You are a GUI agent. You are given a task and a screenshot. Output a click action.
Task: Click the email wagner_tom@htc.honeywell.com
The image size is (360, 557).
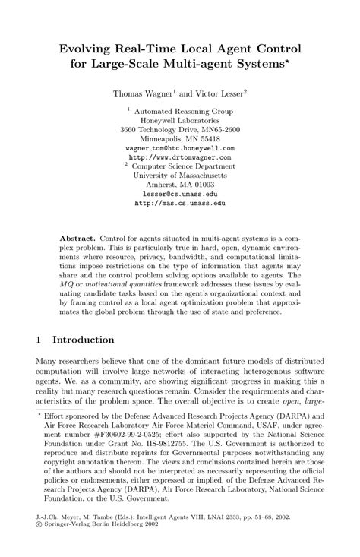pos(179,150)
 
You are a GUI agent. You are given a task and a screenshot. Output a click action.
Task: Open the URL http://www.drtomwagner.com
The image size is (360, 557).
pos(179,159)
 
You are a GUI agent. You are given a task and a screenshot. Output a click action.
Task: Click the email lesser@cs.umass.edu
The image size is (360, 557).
pos(179,195)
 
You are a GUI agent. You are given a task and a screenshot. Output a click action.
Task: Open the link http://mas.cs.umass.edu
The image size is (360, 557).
pos(179,204)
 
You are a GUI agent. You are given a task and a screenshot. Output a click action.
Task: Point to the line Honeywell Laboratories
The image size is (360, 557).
pos(179,120)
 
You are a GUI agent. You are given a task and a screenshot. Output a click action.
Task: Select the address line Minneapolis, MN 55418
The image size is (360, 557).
pos(179,140)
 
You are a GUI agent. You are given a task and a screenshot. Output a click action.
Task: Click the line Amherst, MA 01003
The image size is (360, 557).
pos(179,185)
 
